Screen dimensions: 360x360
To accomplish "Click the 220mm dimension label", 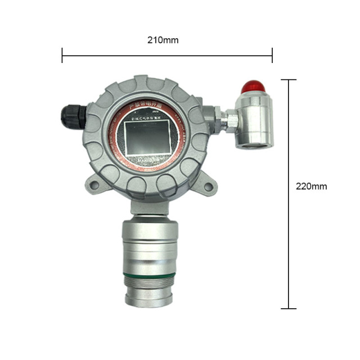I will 311,186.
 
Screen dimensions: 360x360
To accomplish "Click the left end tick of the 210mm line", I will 62,55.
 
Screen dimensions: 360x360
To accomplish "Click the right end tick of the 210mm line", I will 272,55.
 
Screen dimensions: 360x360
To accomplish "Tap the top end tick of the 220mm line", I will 288,80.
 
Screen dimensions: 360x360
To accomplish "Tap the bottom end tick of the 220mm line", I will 288,308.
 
